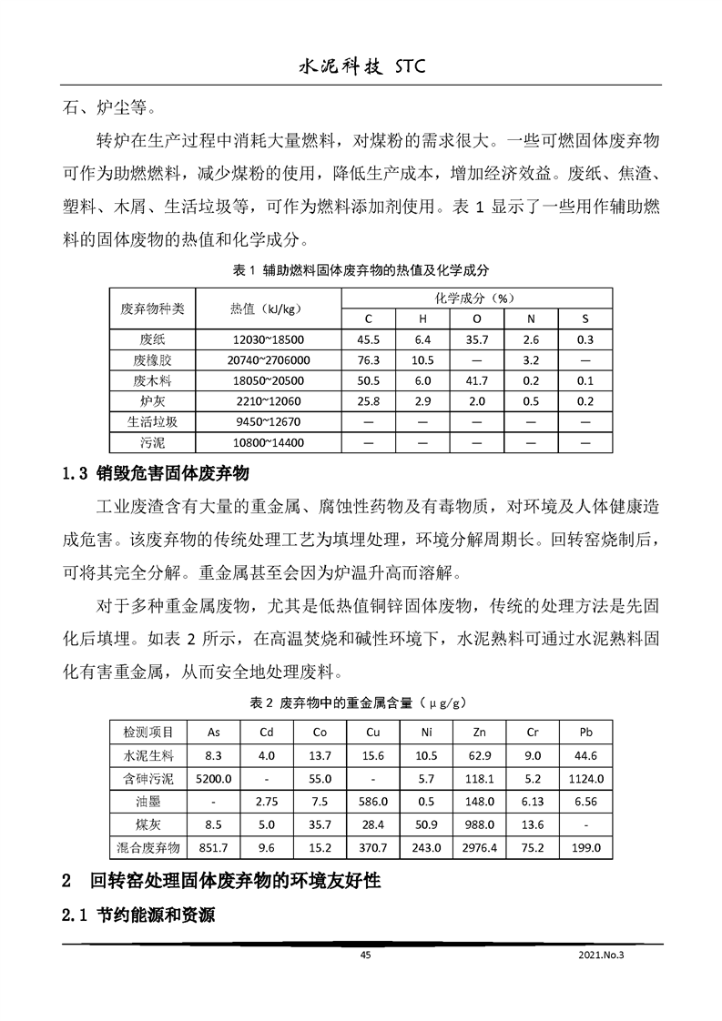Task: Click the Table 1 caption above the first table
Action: [361, 270]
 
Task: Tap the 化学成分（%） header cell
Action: [476, 298]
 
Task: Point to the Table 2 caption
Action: [361, 703]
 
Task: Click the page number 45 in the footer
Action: [365, 955]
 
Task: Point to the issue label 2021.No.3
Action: [603, 955]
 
